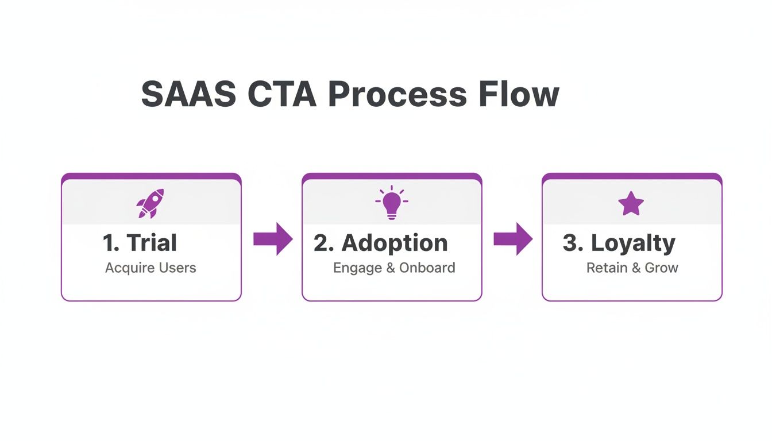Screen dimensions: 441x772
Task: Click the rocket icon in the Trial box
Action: click(150, 203)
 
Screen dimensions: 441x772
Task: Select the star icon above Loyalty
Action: click(631, 204)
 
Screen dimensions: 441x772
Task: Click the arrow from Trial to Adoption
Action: click(273, 238)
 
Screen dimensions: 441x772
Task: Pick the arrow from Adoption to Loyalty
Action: click(513, 238)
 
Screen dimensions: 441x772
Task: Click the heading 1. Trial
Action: click(140, 243)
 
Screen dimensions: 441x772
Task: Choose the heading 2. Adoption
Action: click(380, 243)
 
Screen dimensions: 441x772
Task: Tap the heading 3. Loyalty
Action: click(619, 243)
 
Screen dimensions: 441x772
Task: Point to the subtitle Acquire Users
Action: click(150, 268)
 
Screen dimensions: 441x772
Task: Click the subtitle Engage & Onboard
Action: click(394, 268)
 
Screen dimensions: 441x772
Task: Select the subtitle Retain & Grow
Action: click(632, 268)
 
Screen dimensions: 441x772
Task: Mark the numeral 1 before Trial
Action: click(108, 243)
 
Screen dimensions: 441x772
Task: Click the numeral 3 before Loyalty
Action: click(569, 243)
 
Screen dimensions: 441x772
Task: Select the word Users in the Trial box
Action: click(178, 268)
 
